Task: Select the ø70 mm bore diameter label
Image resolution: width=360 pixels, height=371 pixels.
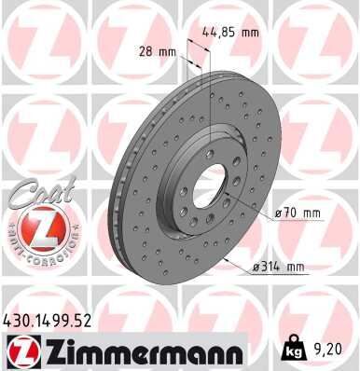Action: click(298, 213)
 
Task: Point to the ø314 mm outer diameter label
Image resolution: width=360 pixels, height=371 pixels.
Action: click(279, 268)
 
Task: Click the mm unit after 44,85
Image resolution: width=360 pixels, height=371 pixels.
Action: click(249, 31)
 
